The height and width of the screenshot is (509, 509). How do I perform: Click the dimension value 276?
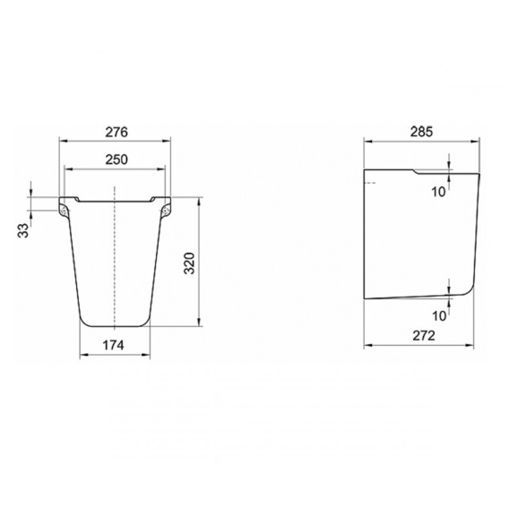(116, 132)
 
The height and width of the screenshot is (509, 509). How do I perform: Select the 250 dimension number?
(116, 160)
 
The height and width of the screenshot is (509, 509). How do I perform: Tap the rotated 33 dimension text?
(23, 231)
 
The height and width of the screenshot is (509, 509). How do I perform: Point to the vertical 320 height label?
(189, 263)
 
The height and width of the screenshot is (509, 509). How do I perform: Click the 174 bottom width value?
(113, 345)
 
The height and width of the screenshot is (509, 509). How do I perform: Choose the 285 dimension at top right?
(422, 132)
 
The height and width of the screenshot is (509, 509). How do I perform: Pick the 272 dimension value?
(424, 336)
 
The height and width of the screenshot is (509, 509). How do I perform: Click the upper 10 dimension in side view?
(438, 192)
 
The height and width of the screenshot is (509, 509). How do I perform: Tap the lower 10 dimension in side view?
(439, 315)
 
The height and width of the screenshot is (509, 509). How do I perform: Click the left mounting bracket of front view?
(64, 211)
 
